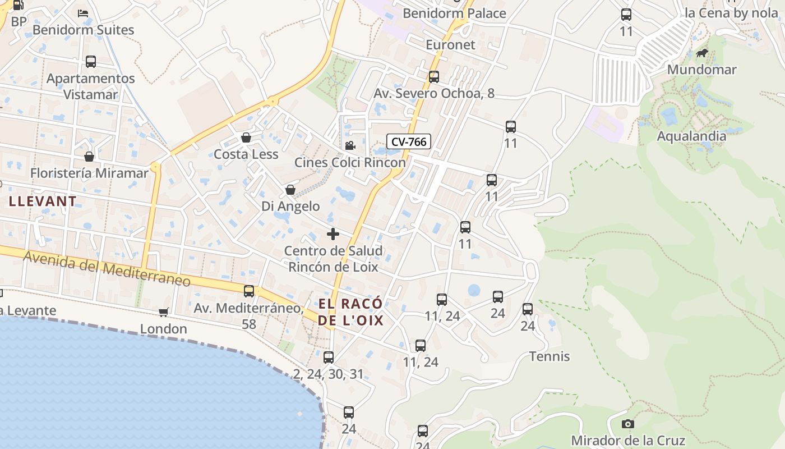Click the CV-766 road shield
[x=409, y=141]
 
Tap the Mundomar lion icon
[x=701, y=54]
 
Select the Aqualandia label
[x=691, y=136]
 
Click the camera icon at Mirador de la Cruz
[x=628, y=424]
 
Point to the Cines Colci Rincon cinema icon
[x=350, y=146]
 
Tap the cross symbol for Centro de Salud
[x=333, y=233]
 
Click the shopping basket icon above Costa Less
[x=246, y=138]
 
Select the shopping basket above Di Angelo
[x=290, y=190]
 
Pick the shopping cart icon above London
[x=163, y=312]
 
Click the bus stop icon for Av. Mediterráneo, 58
[x=249, y=291]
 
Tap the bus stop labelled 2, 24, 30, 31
[x=329, y=357]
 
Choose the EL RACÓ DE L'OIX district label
[x=351, y=312]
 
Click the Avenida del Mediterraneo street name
[x=107, y=269]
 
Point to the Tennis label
[x=549, y=356]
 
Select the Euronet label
[x=450, y=45]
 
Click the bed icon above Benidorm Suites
[x=83, y=13]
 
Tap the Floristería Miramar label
[x=90, y=173]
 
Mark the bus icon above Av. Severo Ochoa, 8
[x=434, y=77]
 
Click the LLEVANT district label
[x=43, y=201]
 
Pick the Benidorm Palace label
[x=454, y=13]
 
